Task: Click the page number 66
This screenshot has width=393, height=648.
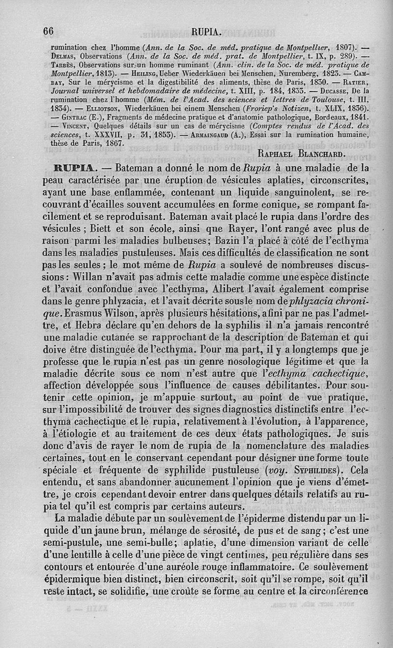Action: pos(48,31)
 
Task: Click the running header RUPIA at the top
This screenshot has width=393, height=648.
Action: pos(206,32)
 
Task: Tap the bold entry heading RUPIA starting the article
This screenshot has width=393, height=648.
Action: pos(71,168)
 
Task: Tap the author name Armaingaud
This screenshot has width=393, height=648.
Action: pos(213,136)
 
